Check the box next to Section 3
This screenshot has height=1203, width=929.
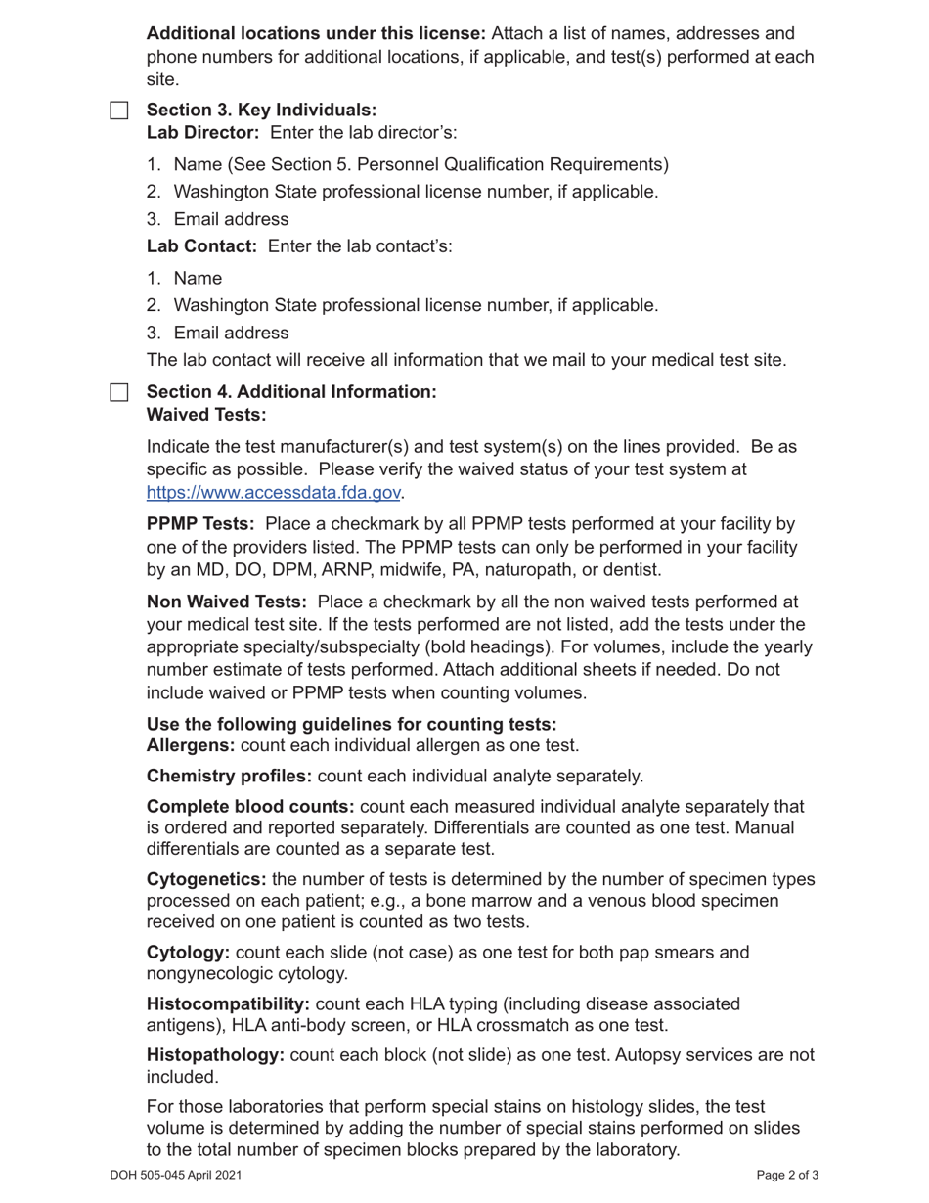(118, 111)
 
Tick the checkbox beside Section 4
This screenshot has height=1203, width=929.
(118, 392)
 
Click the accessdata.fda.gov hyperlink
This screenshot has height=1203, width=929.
(274, 493)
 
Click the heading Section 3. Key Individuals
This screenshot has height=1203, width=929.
(261, 110)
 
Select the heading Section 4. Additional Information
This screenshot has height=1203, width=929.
(291, 391)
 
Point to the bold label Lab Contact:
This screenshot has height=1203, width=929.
(201, 245)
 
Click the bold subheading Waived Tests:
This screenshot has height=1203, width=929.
(206, 415)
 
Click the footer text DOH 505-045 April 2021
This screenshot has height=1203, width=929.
(176, 1176)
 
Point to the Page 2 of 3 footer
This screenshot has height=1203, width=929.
(787, 1176)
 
